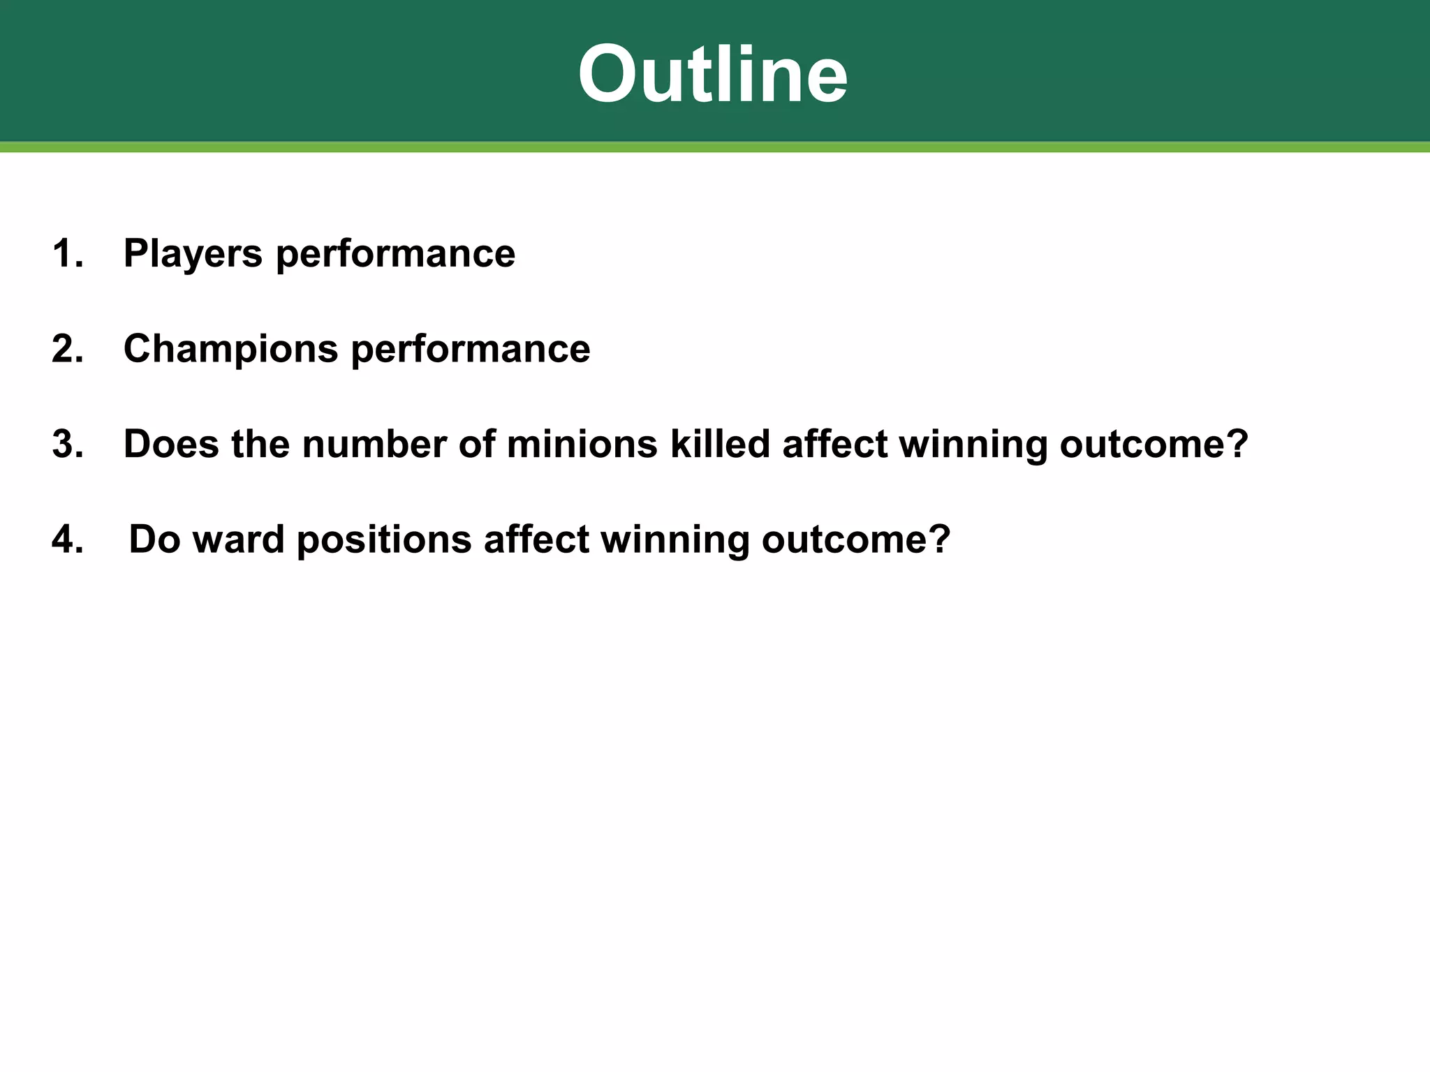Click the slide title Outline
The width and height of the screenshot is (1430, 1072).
click(x=713, y=74)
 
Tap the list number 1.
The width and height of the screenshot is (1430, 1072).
click(x=67, y=253)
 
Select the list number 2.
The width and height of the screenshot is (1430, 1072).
click(x=67, y=348)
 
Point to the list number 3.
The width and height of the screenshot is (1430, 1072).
click(x=67, y=444)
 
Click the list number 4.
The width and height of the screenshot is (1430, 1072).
click(x=67, y=539)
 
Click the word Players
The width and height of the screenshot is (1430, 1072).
click(x=193, y=254)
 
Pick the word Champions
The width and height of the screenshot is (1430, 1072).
click(x=230, y=350)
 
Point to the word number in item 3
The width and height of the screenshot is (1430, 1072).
click(x=374, y=444)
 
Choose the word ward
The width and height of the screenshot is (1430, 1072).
click(x=238, y=539)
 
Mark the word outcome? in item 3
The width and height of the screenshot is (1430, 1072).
click(x=1153, y=444)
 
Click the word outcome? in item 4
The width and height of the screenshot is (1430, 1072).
click(x=856, y=539)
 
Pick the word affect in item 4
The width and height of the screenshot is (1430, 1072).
click(x=536, y=539)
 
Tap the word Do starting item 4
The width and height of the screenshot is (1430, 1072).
click(x=154, y=539)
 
